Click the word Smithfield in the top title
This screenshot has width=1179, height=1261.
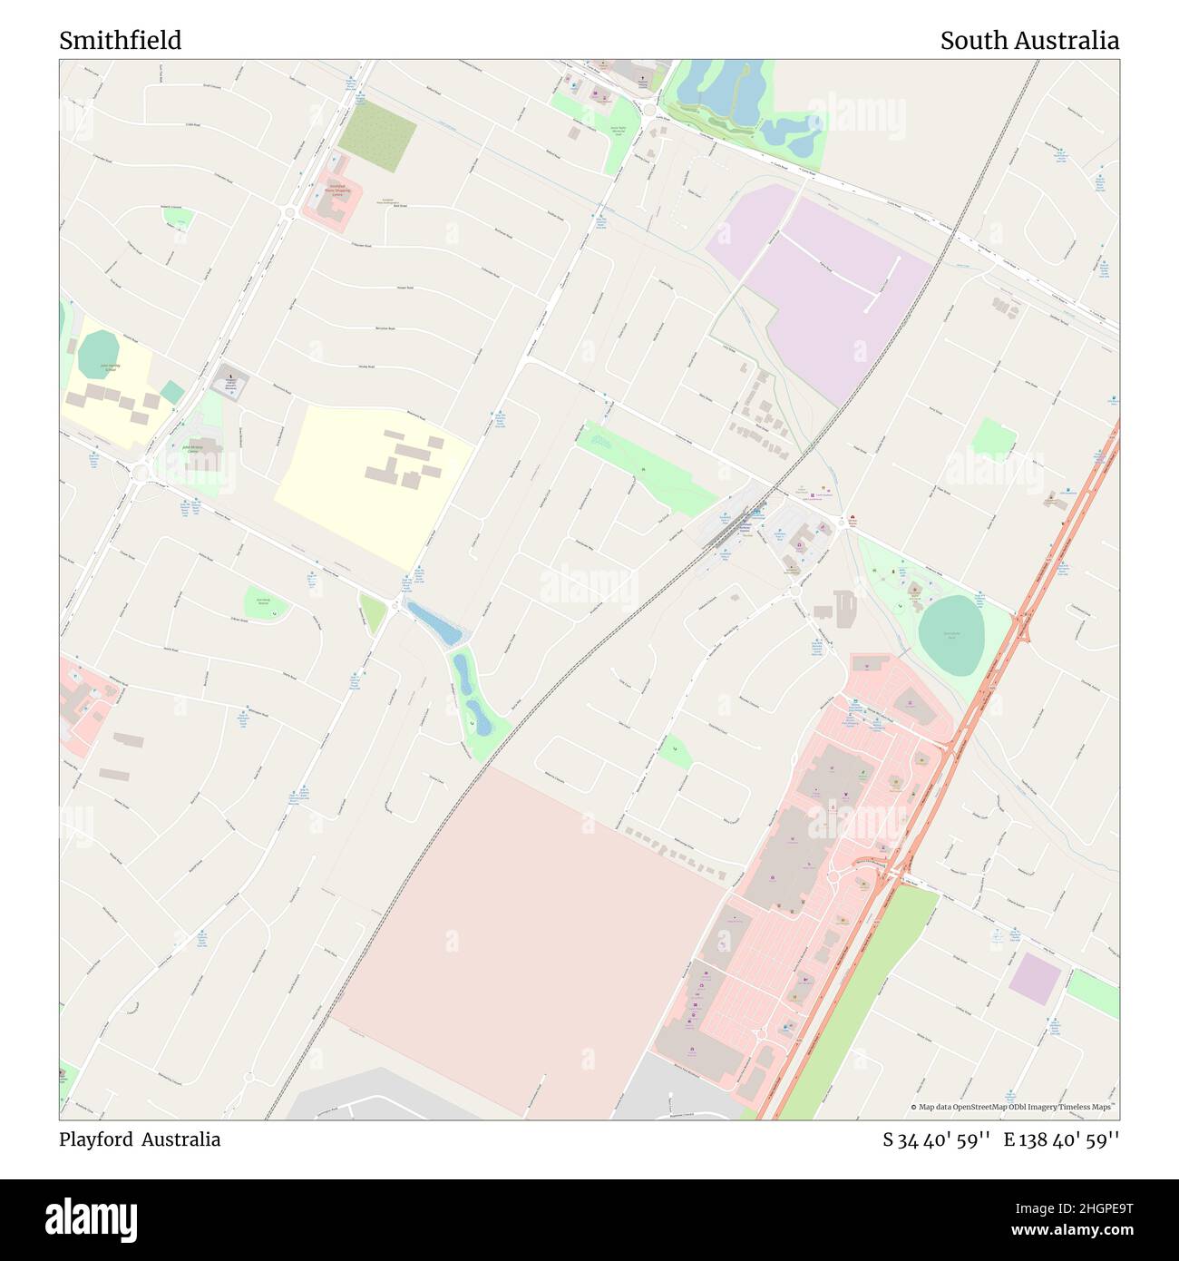[x=121, y=41]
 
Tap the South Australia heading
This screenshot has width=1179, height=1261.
[x=1028, y=41]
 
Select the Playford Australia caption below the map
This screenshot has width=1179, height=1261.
[x=140, y=1139]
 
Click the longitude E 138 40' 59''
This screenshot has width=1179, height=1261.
[x=1061, y=1139]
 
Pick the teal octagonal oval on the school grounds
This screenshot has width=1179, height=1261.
[x=98, y=356]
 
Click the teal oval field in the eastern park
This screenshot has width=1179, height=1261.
[x=950, y=635]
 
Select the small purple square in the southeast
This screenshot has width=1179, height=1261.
[x=1035, y=979]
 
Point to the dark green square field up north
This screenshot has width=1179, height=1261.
[x=377, y=136]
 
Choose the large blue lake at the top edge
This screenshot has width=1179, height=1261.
[x=721, y=91]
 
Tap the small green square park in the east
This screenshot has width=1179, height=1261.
[x=993, y=439]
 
